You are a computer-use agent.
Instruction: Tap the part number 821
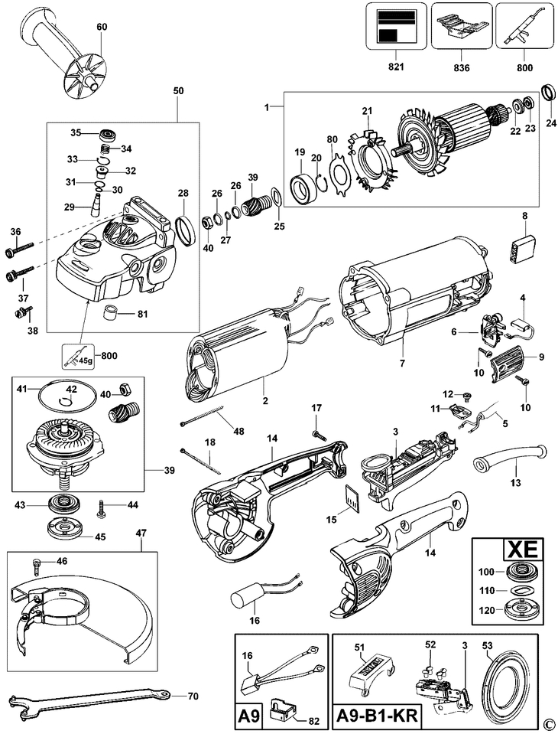coord(395,67)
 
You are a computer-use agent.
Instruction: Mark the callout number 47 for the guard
coord(141,532)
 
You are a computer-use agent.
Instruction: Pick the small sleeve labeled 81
coord(115,314)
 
